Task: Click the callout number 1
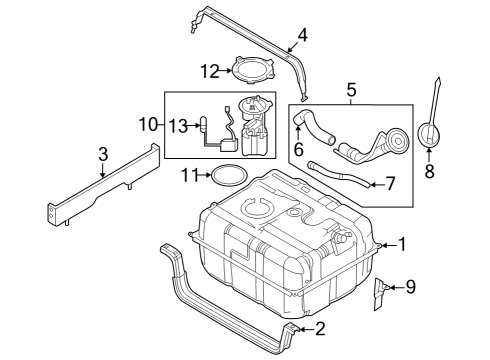(x=403, y=243)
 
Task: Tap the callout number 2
(x=321, y=328)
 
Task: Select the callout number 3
(x=103, y=154)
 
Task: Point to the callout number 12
(x=209, y=71)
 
